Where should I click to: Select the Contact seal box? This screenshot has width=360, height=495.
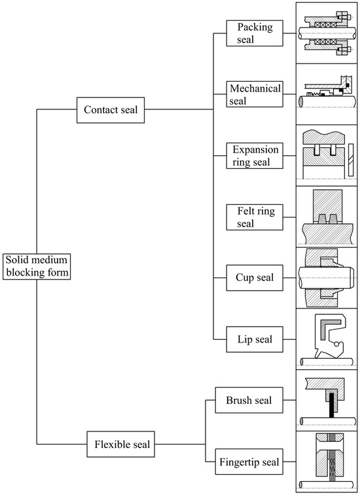pyautogui.click(x=111, y=109)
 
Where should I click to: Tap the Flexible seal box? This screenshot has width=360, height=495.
pyautogui.click(x=119, y=445)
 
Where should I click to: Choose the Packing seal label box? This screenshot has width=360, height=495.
pyautogui.click(x=254, y=33)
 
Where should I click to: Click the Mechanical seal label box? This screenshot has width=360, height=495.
pyautogui.click(x=254, y=94)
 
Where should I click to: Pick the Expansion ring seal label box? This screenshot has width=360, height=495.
pyautogui.click(x=254, y=156)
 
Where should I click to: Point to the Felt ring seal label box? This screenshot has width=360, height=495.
pyautogui.click(x=254, y=217)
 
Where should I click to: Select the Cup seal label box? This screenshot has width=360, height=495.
pyautogui.click(x=254, y=278)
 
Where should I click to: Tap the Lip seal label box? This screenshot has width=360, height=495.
pyautogui.click(x=254, y=339)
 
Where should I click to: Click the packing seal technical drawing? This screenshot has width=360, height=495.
pyautogui.click(x=327, y=32)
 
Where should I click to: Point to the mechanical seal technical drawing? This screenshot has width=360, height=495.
pyautogui.click(x=327, y=94)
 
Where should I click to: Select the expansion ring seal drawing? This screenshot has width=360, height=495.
pyautogui.click(x=327, y=156)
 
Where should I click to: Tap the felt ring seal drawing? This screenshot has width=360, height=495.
pyautogui.click(x=327, y=217)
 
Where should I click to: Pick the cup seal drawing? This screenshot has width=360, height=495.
pyautogui.click(x=327, y=278)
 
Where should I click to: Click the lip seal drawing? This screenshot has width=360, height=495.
pyautogui.click(x=327, y=339)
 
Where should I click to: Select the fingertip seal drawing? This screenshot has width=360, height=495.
pyautogui.click(x=327, y=462)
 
